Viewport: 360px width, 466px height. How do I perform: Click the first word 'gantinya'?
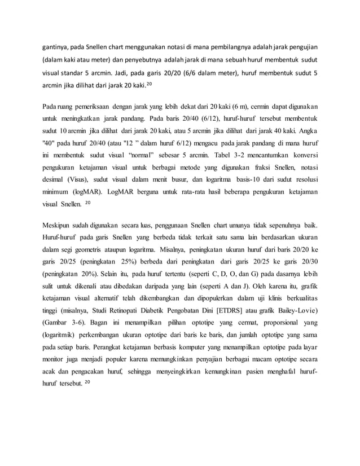click(55, 46)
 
